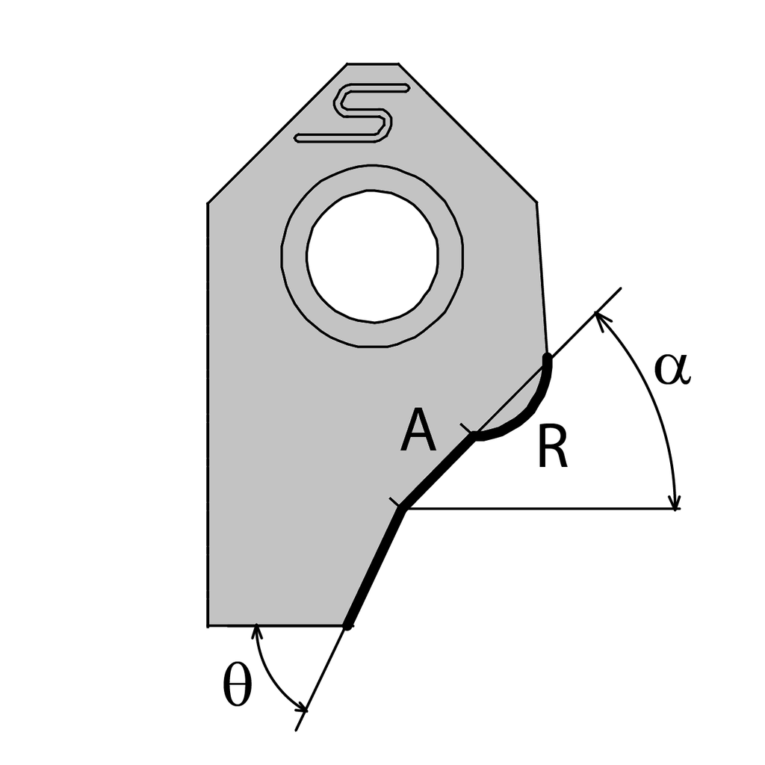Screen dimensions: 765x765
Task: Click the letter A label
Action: tap(418, 433)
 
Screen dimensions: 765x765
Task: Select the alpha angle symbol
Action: tap(672, 369)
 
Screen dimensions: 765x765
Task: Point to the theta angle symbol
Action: tap(238, 688)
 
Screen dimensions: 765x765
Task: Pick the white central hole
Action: tap(372, 255)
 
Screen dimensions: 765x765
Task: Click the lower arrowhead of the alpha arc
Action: tap(675, 502)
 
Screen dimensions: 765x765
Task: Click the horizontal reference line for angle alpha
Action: tap(538, 510)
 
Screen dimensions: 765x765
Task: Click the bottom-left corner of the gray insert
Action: tap(208, 625)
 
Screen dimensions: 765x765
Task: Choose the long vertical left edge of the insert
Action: tap(207, 411)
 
